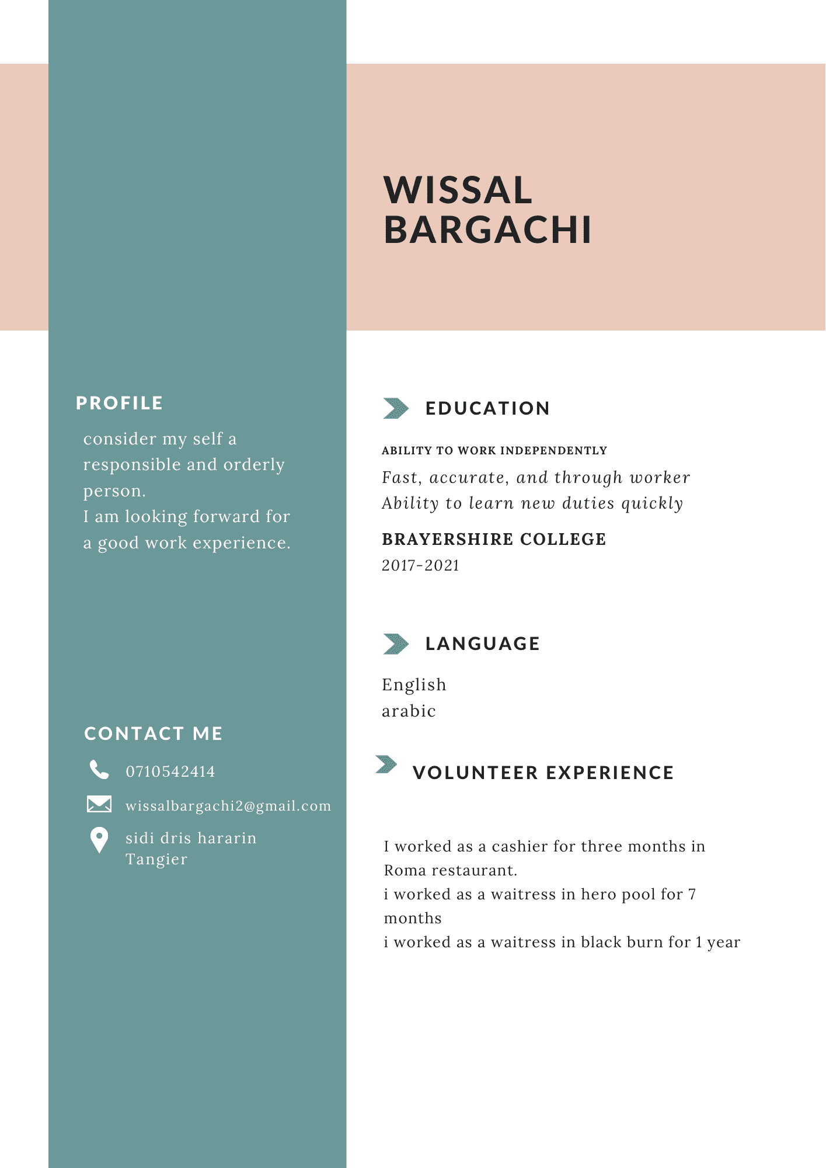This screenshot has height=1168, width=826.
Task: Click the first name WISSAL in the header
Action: [458, 190]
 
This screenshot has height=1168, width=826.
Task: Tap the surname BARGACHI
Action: [487, 230]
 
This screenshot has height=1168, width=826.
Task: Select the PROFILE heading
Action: [119, 403]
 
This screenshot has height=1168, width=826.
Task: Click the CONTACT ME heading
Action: [154, 734]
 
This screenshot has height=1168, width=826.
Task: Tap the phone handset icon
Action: [99, 770]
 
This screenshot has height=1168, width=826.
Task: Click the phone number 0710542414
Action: [170, 771]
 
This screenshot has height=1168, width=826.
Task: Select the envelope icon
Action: [99, 804]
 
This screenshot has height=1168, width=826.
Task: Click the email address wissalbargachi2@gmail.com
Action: [228, 806]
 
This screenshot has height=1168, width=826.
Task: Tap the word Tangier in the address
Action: [156, 859]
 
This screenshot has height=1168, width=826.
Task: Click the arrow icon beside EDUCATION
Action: [396, 408]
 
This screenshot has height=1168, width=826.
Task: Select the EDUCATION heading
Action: [487, 408]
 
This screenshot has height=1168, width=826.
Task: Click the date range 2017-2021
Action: [420, 565]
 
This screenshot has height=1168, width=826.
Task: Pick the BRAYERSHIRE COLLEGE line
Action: [494, 539]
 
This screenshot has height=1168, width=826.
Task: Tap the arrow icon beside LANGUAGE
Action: [396, 644]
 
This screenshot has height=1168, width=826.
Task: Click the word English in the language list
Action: [414, 684]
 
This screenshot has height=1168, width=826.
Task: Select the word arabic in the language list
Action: [409, 711]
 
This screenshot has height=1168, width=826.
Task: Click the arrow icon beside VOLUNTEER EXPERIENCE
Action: [386, 764]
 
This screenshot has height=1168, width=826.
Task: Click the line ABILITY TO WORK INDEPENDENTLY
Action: [494, 450]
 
